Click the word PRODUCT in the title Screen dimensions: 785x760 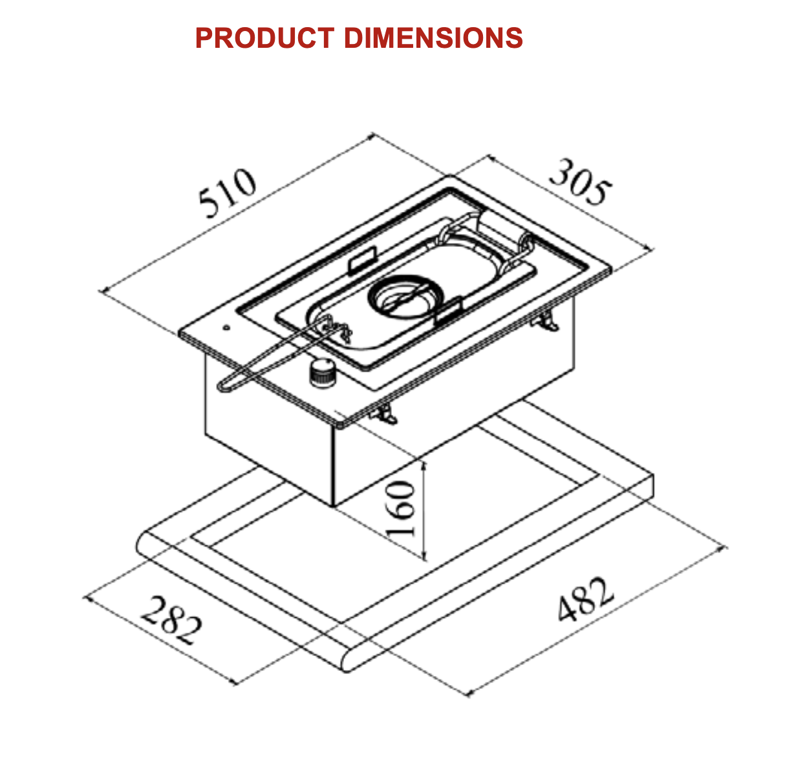(264, 38)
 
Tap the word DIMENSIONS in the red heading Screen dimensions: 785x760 (433, 38)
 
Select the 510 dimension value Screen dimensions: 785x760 (228, 193)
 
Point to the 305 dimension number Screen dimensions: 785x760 (579, 182)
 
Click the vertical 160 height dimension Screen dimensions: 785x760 (400, 509)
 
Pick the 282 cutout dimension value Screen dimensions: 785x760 (171, 621)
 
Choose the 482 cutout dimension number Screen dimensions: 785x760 (586, 599)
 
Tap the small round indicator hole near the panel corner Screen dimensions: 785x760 (227, 328)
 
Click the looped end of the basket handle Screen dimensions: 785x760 (224, 386)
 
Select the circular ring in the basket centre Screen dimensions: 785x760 (406, 295)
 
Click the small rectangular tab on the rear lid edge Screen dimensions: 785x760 (362, 259)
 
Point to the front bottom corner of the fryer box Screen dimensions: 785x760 (333, 505)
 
